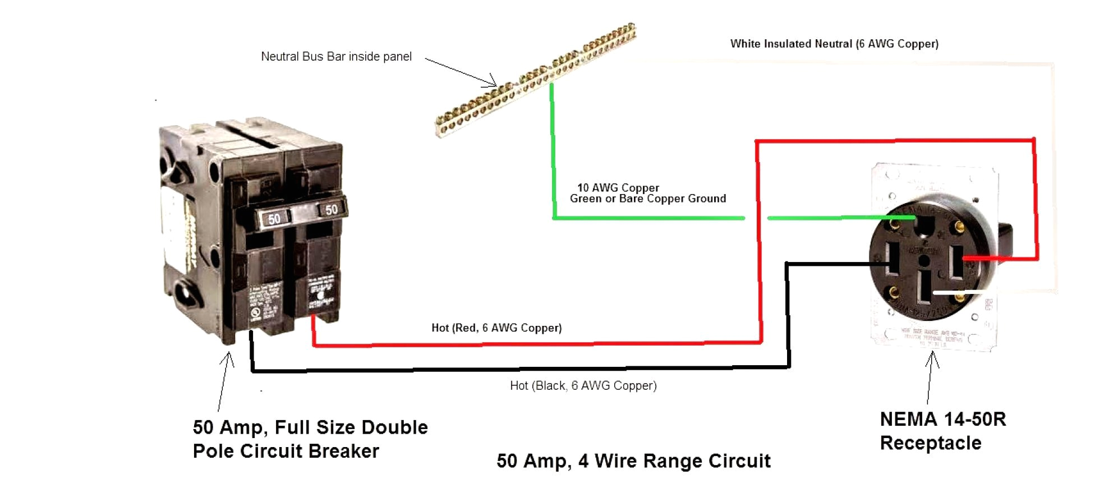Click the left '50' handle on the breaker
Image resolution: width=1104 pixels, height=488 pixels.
(274, 218)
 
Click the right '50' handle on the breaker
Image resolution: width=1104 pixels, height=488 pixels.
(331, 210)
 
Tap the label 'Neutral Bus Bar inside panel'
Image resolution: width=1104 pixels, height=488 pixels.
(336, 57)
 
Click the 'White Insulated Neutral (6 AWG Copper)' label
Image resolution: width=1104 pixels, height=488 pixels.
(834, 44)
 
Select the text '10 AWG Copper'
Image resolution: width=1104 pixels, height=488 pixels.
(618, 188)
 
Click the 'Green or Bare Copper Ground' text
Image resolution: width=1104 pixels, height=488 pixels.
(647, 199)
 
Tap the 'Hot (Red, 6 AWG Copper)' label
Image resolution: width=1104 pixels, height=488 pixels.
(496, 328)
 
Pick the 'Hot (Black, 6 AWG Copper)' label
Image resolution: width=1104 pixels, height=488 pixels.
(583, 385)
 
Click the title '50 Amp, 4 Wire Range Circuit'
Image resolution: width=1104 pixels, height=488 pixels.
(633, 461)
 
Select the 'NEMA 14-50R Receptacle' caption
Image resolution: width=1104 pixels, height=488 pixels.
(942, 431)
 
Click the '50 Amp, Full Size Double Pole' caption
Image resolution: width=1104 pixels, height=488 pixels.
(310, 439)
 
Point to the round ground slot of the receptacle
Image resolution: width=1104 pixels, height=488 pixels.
(924, 226)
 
